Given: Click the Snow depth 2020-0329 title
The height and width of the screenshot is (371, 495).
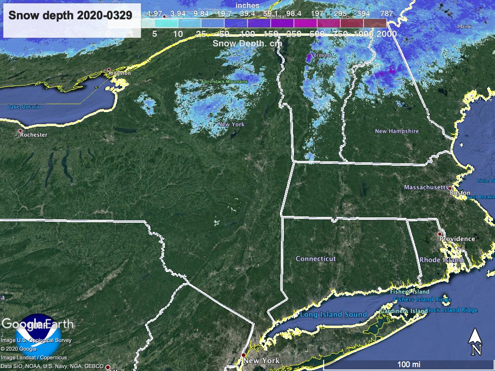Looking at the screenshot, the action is (x=71, y=15).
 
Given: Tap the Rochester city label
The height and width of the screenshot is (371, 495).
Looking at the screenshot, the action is (x=34, y=135).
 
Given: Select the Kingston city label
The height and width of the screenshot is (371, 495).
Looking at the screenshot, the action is (x=120, y=73).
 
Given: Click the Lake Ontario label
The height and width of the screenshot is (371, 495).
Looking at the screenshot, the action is (x=25, y=106).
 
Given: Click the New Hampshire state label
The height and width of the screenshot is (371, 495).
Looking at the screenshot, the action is (x=397, y=131).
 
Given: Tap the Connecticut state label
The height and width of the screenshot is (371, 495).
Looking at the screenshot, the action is (x=316, y=259).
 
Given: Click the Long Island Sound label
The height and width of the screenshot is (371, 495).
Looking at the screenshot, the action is (x=334, y=314).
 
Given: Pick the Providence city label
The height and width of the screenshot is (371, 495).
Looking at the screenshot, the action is (x=457, y=239).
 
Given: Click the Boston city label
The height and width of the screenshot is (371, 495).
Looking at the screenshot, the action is (x=460, y=193).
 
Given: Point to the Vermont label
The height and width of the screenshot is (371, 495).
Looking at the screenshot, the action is (x=321, y=56).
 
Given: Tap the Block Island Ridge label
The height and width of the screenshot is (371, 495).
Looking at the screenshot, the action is (x=451, y=310).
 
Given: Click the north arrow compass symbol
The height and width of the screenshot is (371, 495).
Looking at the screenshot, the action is (x=476, y=341).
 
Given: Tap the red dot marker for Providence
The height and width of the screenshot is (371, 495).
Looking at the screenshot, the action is (x=440, y=234).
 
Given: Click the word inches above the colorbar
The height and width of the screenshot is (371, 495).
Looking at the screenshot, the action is (x=247, y=5).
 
